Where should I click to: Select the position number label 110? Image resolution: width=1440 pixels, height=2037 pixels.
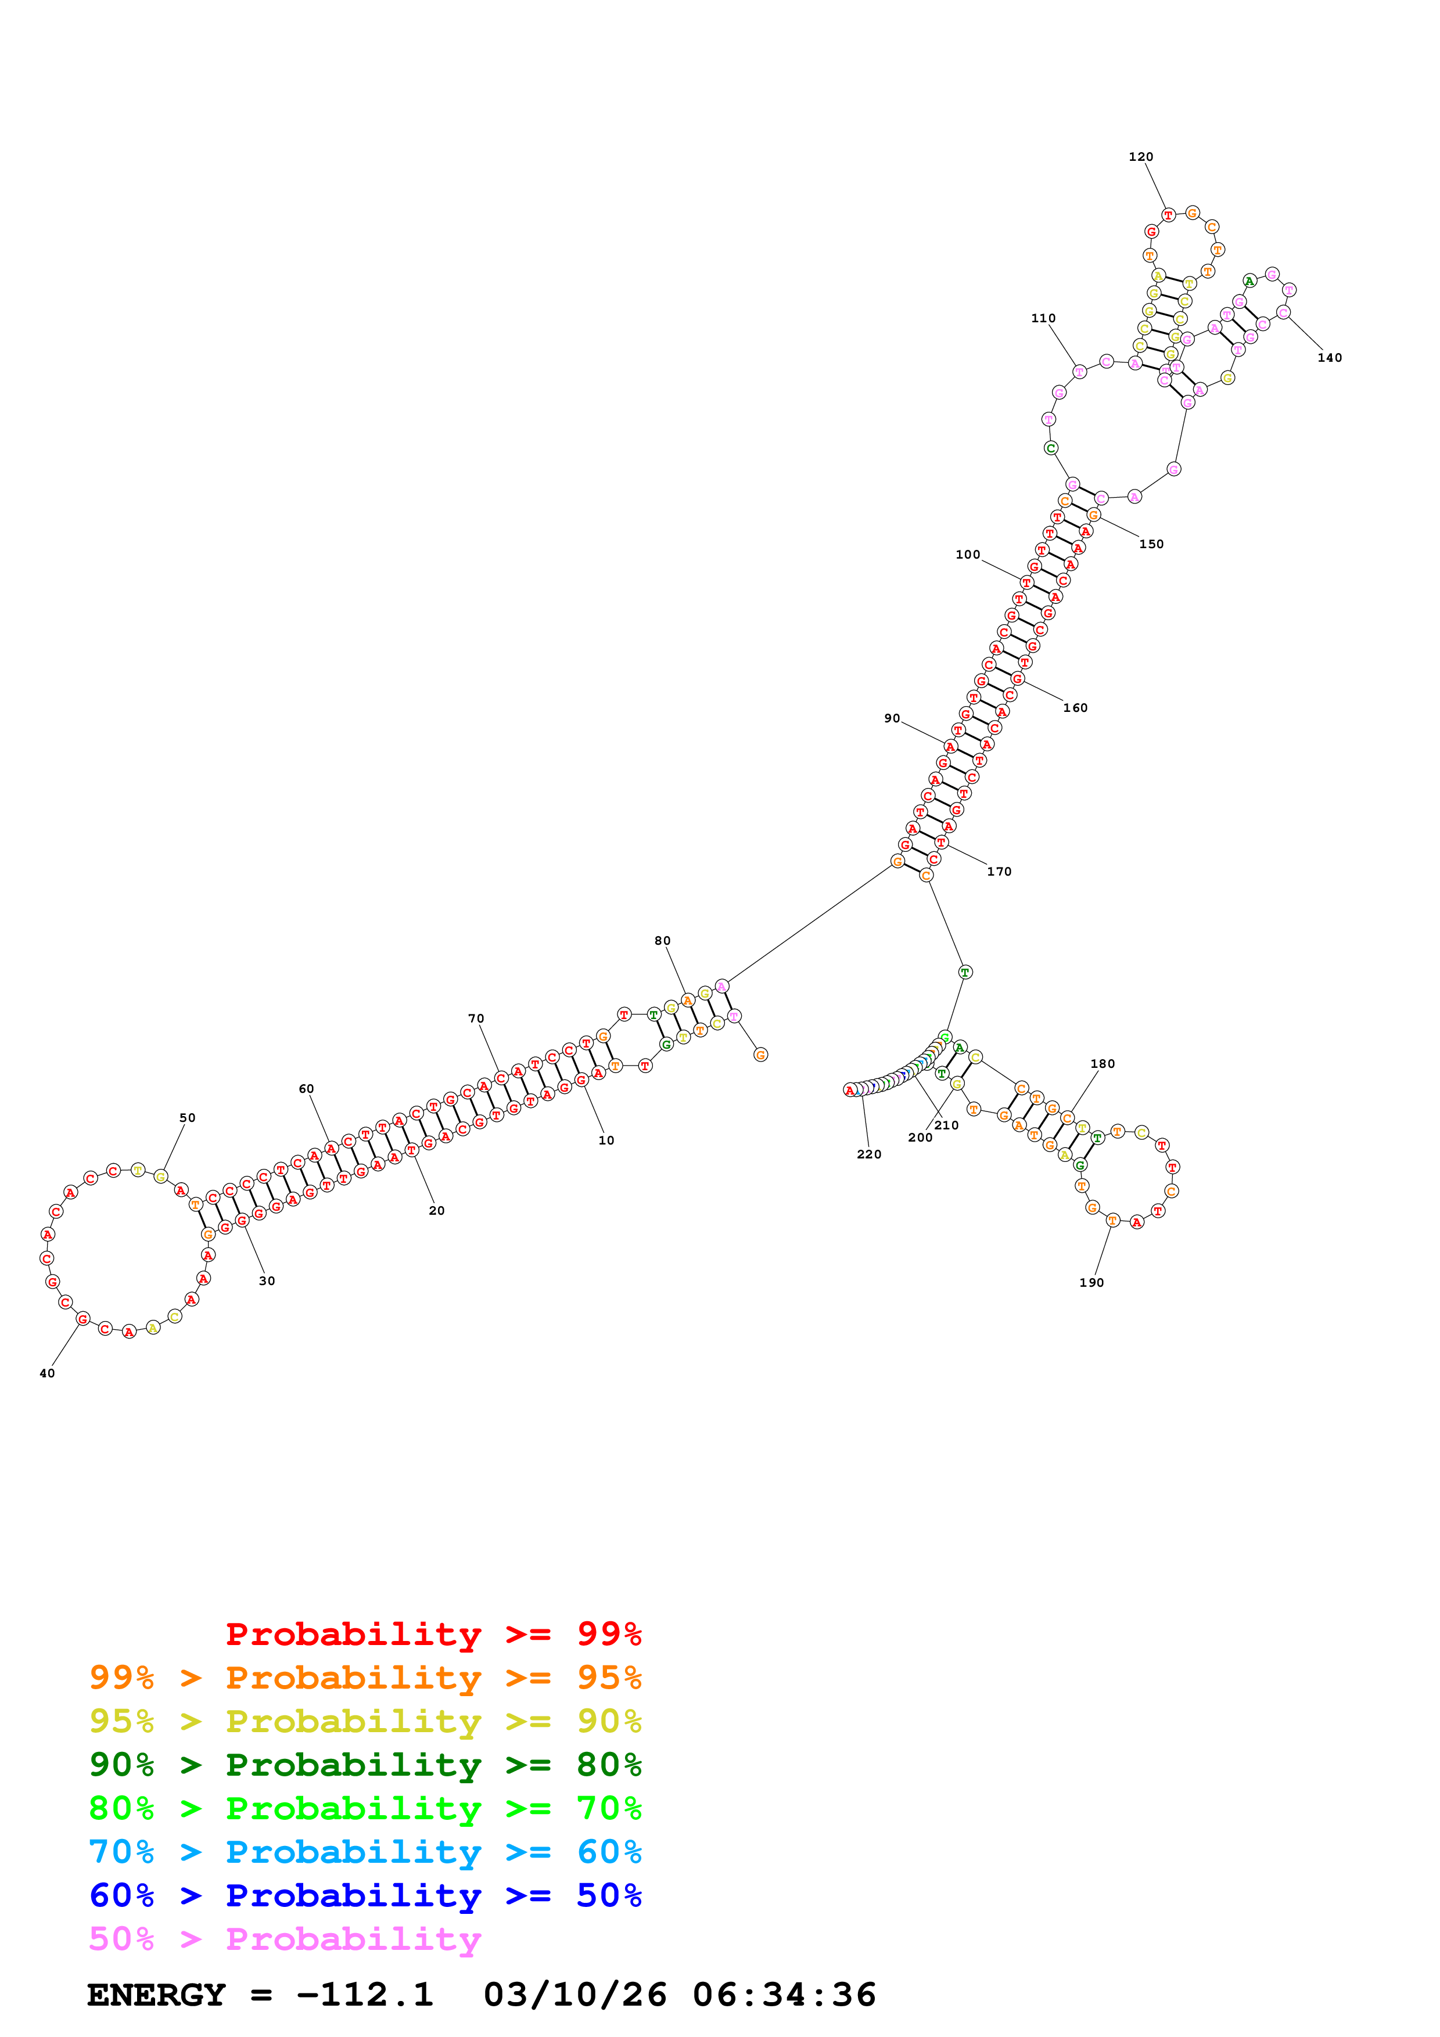pyautogui.click(x=1043, y=319)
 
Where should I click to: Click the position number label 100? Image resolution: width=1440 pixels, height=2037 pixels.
pyautogui.click(x=967, y=555)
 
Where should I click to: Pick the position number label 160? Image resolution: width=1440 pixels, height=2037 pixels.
pyautogui.click(x=1075, y=708)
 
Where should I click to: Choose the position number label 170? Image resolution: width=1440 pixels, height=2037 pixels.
pyautogui.click(x=999, y=872)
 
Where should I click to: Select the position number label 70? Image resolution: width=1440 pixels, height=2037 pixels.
pyautogui.click(x=476, y=1020)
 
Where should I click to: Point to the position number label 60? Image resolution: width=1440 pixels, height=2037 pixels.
pyautogui.click(x=306, y=1089)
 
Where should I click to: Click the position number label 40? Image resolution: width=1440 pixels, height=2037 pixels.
pyautogui.click(x=47, y=1374)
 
